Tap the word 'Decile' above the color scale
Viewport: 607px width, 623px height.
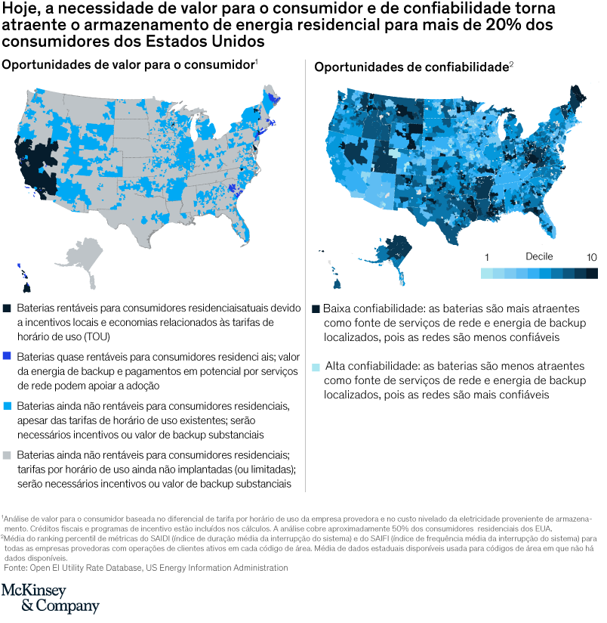[540, 257]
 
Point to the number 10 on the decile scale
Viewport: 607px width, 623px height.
[591, 257]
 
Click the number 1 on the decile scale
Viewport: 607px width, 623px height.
[487, 257]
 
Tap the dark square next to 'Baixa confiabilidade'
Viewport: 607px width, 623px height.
[316, 309]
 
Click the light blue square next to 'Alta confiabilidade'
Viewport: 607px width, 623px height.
[316, 367]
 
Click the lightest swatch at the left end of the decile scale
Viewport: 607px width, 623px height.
[487, 273]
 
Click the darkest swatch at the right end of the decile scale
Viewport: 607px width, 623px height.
[592, 273]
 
